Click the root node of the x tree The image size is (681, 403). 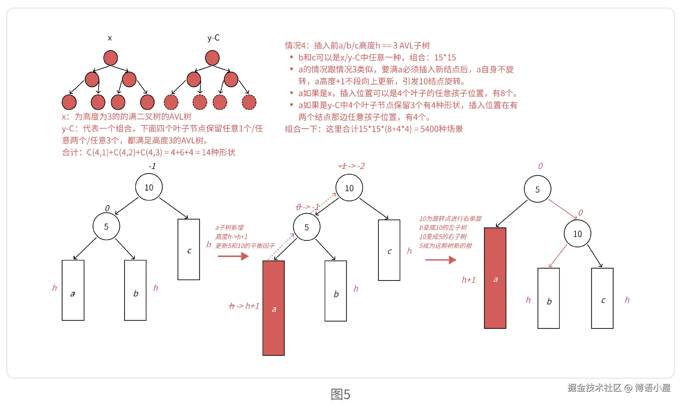[110, 58]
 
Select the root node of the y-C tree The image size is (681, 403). [212, 58]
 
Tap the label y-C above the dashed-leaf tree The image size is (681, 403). [213, 38]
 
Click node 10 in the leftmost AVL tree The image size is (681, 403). [149, 187]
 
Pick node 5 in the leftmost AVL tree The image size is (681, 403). [106, 226]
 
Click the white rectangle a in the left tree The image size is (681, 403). [73, 290]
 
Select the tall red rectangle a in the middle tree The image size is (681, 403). [273, 308]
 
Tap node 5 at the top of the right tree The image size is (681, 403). [537, 189]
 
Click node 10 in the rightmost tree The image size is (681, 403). [577, 234]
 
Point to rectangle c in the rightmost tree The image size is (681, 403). [602, 298]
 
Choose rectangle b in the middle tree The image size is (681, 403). [335, 291]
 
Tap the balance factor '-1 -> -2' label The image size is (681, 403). [351, 166]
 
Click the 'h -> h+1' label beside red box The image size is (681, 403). [244, 306]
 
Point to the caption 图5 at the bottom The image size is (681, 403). [340, 394]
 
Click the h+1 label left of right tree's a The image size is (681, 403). [469, 280]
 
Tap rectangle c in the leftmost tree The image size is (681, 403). [188, 249]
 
